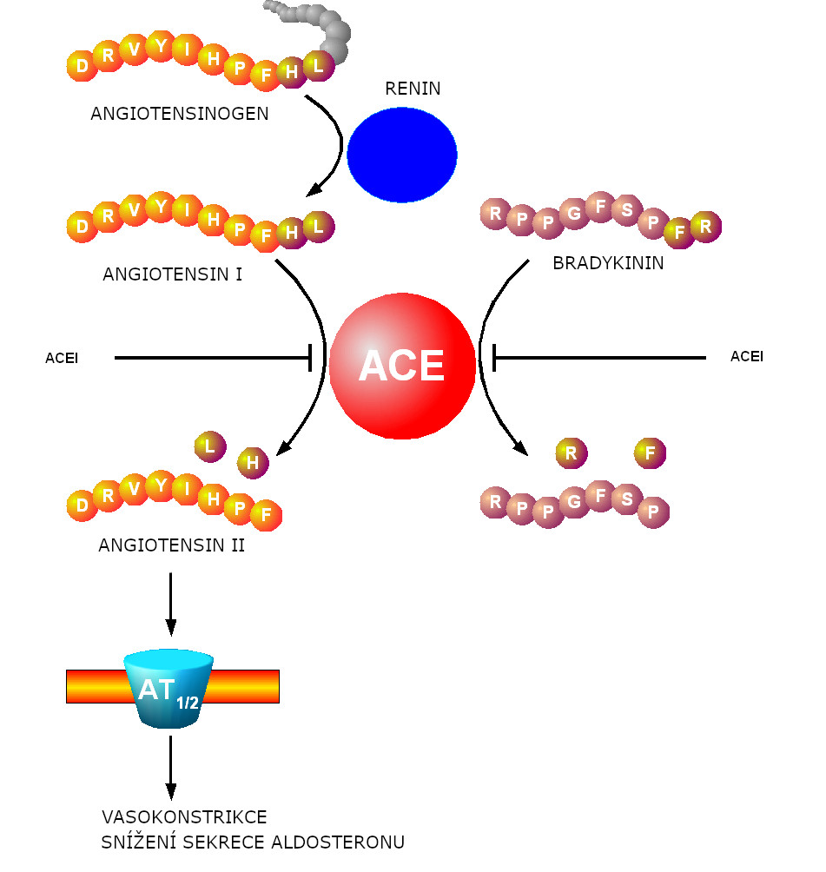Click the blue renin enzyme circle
pos(401,155)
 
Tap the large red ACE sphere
pos(402,366)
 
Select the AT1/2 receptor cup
pos(169,690)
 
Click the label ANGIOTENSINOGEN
pos(180,114)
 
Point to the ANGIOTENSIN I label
pos(172,274)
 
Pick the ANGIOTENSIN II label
pos(172,545)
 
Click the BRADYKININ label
pos(608,263)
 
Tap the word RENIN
pos(413,89)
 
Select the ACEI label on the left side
pos(62,358)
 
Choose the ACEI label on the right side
pos(747,356)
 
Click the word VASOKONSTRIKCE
pos(184,817)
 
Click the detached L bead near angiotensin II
pos(209,446)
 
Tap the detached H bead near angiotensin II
pos(253,463)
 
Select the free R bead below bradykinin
pos(571,453)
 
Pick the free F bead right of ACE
pos(650,453)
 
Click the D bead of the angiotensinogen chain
pos(82,66)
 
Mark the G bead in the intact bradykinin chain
pos(573,214)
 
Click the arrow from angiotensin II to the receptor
pos(170,604)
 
